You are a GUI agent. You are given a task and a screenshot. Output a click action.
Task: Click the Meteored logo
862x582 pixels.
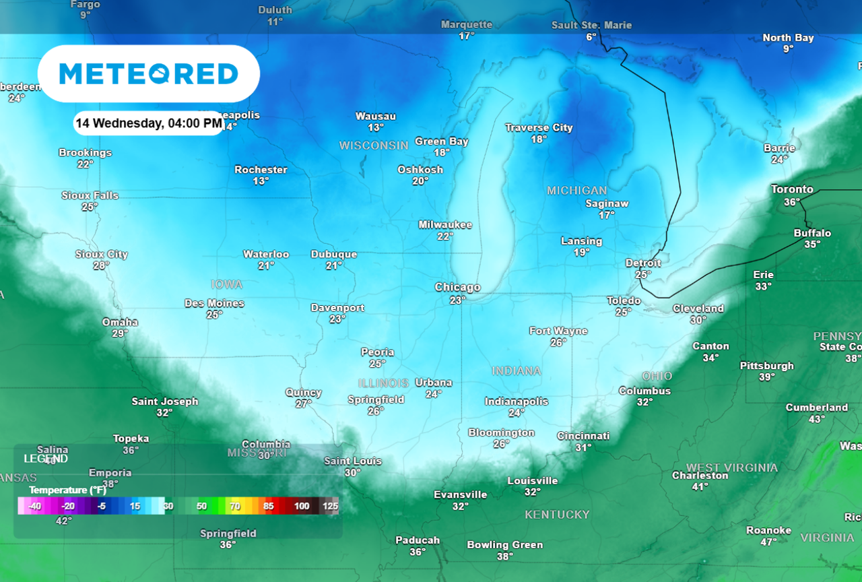coord(148,73)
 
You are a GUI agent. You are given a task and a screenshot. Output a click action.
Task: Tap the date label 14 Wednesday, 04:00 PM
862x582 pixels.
coord(148,123)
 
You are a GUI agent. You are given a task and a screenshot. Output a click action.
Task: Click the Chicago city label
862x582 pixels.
coord(457,288)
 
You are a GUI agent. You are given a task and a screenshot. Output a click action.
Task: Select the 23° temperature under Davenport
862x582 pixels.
coord(337,319)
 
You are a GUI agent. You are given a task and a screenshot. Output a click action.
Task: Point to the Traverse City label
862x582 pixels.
coord(539,128)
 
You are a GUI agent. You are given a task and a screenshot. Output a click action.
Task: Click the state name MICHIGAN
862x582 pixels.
coord(576,191)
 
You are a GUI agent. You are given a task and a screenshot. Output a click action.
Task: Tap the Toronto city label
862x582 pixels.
coord(792,190)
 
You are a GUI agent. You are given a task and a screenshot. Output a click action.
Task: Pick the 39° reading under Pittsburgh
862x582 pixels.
coord(766,377)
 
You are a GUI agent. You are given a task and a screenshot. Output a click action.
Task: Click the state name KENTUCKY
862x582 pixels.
coord(557,515)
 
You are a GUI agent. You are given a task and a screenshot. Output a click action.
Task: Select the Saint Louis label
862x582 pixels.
coord(353,461)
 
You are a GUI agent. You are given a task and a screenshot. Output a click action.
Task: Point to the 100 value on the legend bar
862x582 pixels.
coord(301,506)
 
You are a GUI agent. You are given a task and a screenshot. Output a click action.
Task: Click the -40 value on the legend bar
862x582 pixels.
coord(35,506)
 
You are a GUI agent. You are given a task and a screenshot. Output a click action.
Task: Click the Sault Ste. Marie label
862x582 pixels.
coord(591,25)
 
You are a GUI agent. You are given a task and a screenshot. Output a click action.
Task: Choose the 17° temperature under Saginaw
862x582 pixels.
coord(606,215)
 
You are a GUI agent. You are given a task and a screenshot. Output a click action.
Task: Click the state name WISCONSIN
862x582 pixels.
coord(373,145)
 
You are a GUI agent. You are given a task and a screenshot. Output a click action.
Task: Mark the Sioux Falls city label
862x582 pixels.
coord(90,195)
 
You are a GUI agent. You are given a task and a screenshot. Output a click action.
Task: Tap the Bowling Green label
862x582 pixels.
coord(504,545)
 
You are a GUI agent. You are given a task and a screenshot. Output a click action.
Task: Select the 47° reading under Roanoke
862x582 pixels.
coord(768,542)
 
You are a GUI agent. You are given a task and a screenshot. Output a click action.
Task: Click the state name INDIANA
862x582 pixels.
coord(516,371)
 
